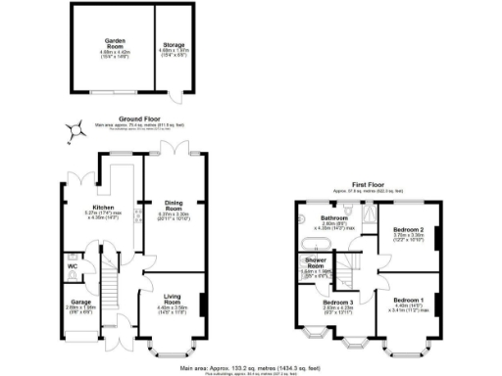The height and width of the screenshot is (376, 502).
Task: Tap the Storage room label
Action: (x=174, y=44)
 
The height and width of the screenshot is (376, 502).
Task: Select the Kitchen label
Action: (x=103, y=209)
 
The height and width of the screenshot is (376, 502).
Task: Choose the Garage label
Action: (x=78, y=302)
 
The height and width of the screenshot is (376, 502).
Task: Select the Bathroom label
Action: (x=334, y=218)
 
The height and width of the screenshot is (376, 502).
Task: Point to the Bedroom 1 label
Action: (x=409, y=301)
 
